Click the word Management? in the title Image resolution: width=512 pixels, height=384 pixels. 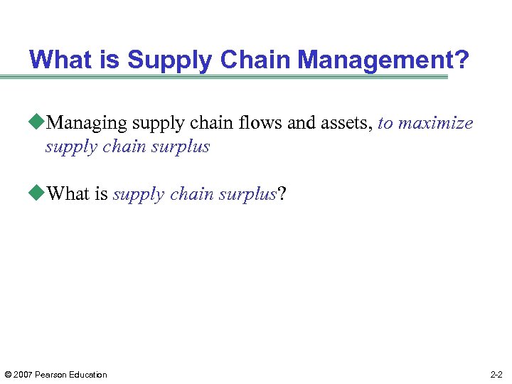(384, 59)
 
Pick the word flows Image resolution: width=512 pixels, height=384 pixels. (261, 123)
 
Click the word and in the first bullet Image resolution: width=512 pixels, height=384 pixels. (302, 123)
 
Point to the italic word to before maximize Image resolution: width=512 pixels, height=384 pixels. (385, 124)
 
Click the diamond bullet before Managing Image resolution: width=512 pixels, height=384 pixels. (38, 123)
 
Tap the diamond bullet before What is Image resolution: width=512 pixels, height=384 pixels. (38, 194)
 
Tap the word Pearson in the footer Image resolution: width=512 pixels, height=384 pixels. (51, 375)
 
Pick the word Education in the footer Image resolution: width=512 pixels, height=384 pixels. (89, 375)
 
